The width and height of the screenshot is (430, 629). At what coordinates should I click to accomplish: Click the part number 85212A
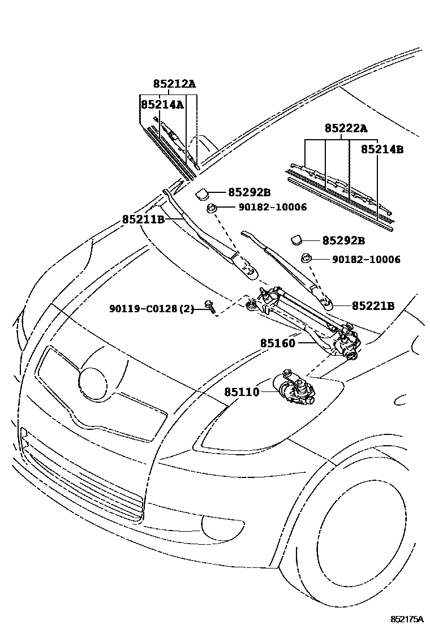point(174,84)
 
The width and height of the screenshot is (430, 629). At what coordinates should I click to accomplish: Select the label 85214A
point(162,105)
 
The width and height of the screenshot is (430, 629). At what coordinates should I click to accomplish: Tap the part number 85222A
point(346,128)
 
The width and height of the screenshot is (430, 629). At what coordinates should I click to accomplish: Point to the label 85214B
point(382,150)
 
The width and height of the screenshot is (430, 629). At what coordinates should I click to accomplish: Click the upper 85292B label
point(250,192)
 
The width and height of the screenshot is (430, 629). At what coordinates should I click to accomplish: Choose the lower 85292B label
point(343,240)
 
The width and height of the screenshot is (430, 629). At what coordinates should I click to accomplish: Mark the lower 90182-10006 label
point(366,260)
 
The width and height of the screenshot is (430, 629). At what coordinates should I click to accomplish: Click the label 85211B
point(143,219)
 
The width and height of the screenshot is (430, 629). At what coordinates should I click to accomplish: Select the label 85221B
point(373,306)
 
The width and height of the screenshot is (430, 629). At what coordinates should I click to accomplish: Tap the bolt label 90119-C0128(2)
point(152,309)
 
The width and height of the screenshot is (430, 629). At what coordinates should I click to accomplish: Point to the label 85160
point(277,343)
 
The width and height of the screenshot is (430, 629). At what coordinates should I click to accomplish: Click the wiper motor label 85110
point(242,391)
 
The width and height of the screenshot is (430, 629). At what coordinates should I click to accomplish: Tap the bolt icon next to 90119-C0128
point(210,308)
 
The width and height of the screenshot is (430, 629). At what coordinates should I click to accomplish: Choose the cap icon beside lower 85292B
point(297,240)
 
